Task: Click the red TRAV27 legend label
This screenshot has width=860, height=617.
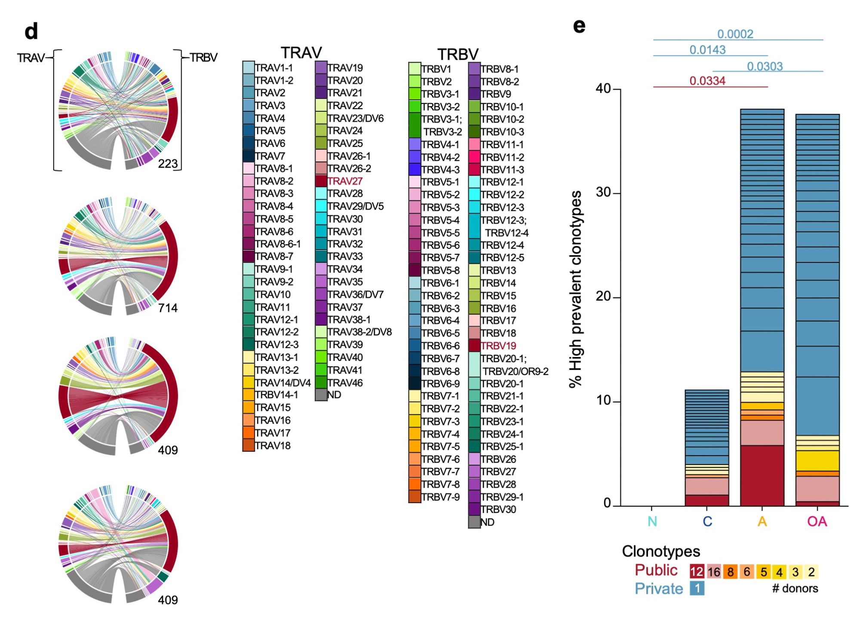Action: click(345, 181)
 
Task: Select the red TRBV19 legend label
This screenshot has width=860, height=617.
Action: click(498, 346)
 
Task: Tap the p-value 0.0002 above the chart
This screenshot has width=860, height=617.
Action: click(735, 34)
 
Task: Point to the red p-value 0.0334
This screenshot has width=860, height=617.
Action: click(707, 81)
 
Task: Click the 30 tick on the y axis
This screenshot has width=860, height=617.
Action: click(603, 192)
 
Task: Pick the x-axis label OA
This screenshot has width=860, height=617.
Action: click(817, 521)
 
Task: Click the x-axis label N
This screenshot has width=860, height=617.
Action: click(652, 521)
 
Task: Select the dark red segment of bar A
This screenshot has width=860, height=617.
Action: click(762, 475)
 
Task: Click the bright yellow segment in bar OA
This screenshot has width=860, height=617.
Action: click(817, 461)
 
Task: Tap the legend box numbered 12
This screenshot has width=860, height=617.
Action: click(697, 572)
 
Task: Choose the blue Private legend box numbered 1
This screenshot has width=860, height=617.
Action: click(697, 588)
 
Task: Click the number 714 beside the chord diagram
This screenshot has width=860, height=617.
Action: click(168, 308)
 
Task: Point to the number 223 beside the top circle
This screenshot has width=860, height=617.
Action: click(168, 164)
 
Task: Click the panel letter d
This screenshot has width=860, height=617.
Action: click(31, 31)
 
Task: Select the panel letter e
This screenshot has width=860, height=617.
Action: click(579, 26)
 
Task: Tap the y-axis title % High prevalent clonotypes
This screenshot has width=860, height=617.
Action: click(575, 289)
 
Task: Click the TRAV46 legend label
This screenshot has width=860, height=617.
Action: click(345, 383)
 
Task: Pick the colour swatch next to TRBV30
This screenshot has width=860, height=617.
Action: click(474, 510)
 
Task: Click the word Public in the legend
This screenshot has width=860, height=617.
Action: click(656, 570)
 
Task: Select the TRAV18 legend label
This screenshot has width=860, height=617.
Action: click(273, 446)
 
